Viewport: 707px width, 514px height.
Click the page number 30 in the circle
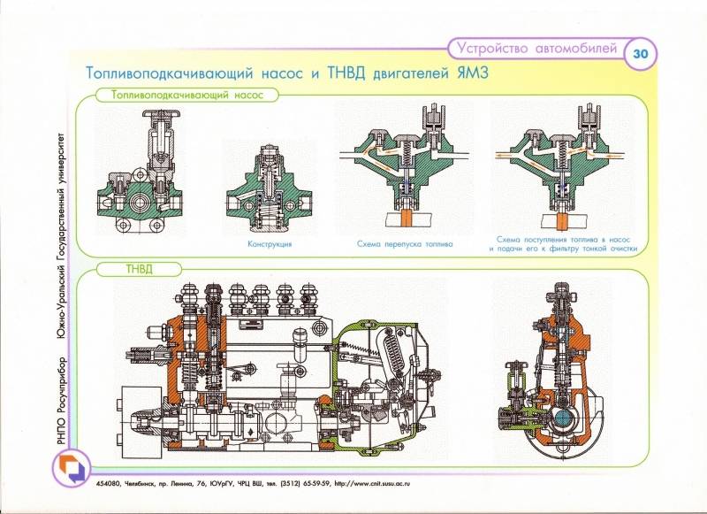click(x=640, y=53)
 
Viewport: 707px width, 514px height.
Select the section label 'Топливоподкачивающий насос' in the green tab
click(x=181, y=97)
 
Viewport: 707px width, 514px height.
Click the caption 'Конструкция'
click(x=270, y=242)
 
